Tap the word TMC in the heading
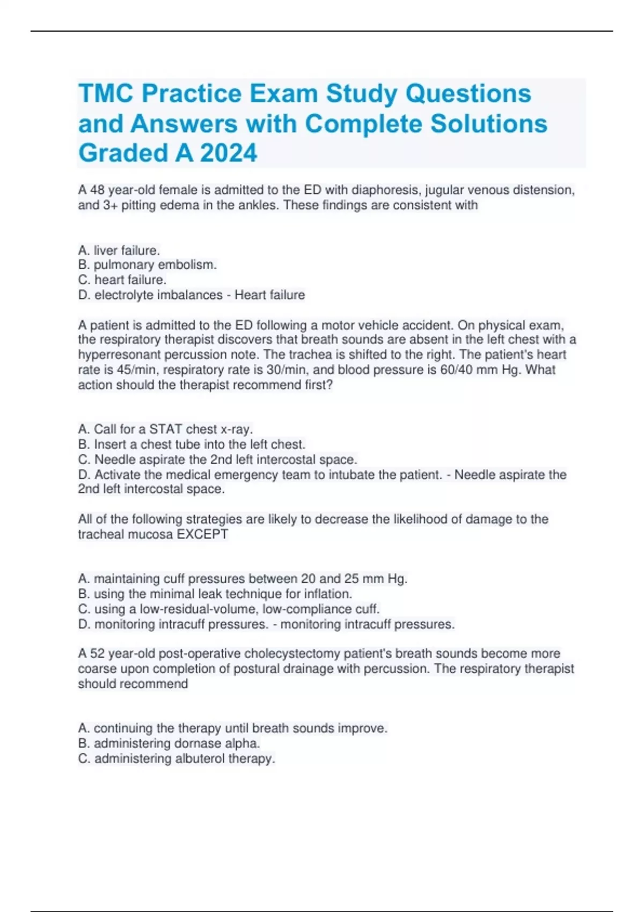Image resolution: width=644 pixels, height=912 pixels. coord(106,93)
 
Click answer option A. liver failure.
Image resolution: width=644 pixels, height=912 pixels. coord(119,250)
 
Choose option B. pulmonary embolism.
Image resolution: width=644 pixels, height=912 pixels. coord(148,264)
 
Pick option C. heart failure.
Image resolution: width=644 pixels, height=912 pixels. coord(122,280)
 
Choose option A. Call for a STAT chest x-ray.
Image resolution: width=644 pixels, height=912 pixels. coord(165,429)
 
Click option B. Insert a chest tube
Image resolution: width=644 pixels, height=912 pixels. coord(192,444)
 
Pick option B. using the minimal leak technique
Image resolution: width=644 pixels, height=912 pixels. coord(215,594)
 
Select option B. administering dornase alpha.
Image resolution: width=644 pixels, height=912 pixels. coord(169,743)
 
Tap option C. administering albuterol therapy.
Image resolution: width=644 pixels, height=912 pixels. coord(177,759)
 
